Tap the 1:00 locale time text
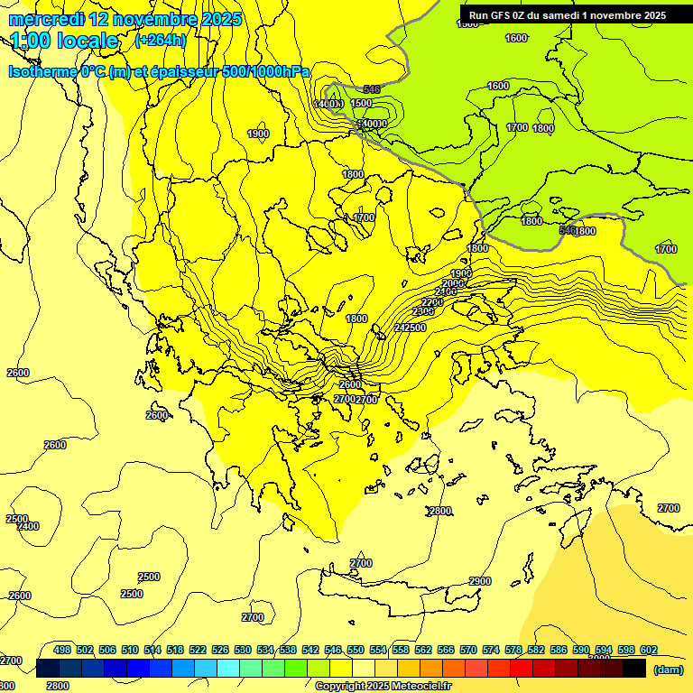coord(64,41)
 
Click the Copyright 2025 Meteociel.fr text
coord(383,686)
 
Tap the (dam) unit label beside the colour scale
coord(668,670)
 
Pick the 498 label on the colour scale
coord(62,650)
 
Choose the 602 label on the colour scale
coord(649,650)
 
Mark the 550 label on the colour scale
coord(356,650)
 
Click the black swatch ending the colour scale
coord(634,668)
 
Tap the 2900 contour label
coord(480,581)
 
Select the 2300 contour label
coord(423,312)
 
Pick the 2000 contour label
coord(453,283)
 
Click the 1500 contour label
coord(362,103)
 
